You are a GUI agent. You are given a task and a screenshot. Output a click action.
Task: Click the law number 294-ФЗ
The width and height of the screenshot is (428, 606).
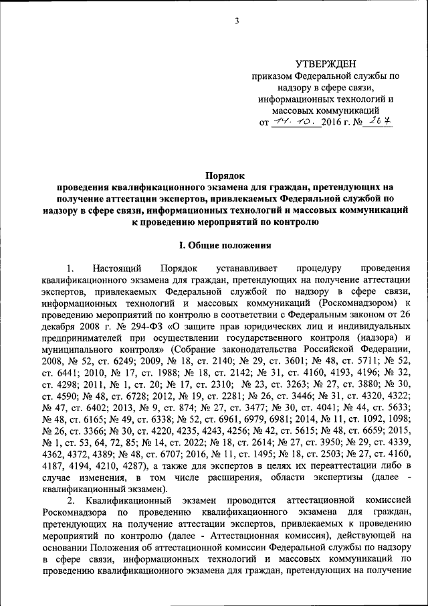click(x=150, y=327)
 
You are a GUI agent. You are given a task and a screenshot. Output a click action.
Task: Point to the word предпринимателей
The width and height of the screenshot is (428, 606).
click(x=86, y=339)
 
